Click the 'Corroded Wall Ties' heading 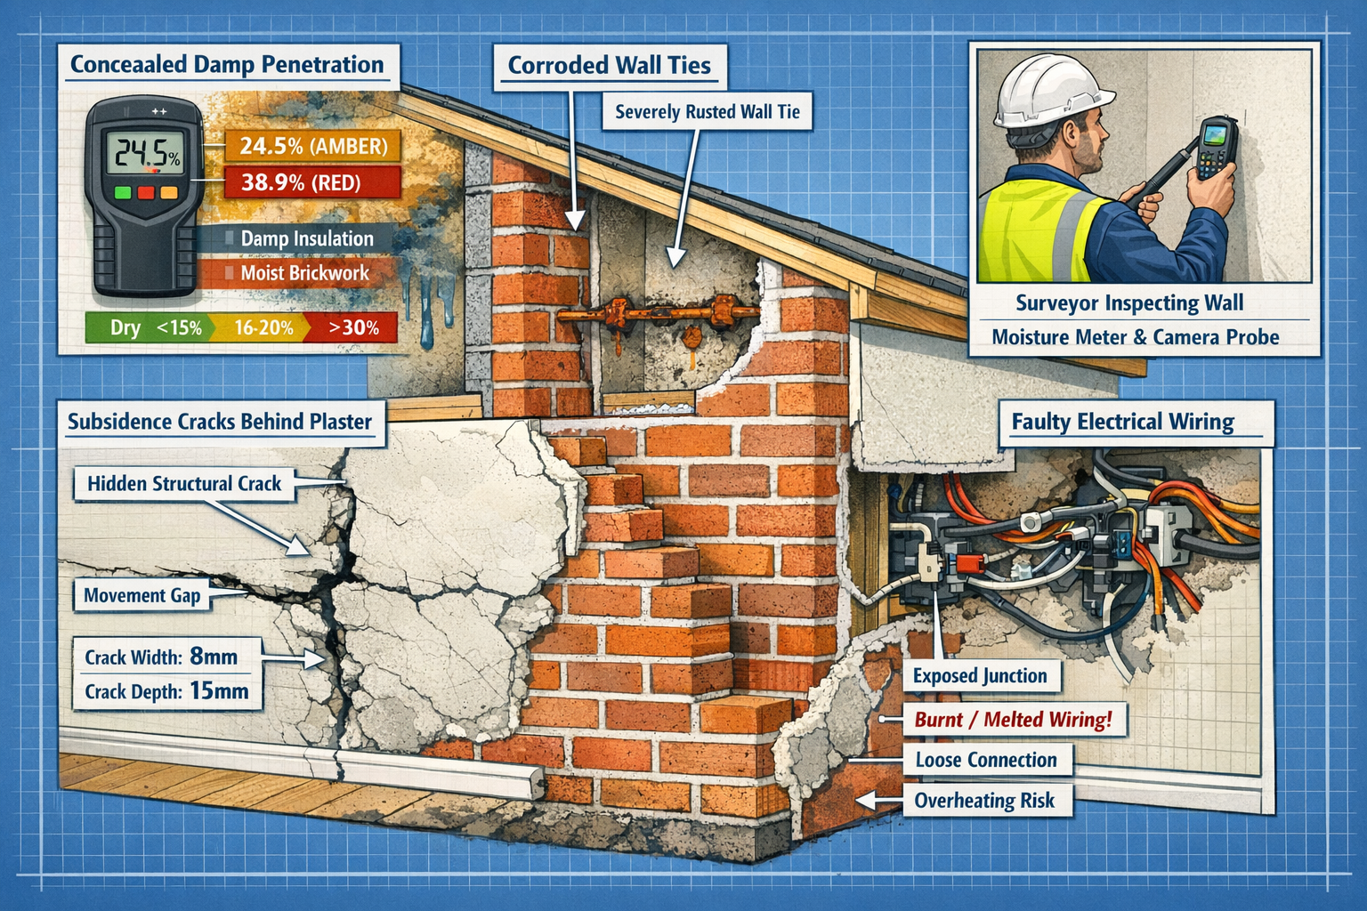coord(610,65)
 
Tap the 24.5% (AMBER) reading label coord(313,146)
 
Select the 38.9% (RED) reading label coord(301,182)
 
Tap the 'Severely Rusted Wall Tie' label coord(708,112)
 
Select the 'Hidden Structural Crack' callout coord(184,483)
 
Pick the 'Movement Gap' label coord(142,595)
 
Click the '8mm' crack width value coord(214,657)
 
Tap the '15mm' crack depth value coord(219,691)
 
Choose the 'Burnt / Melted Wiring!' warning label coord(1013,719)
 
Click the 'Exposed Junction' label coord(980,675)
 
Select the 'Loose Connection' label coord(986,760)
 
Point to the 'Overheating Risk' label coord(984,801)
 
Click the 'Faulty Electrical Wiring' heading coord(1123,422)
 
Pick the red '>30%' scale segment coord(352,327)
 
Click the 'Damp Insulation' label coord(307,238)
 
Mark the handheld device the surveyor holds coord(1213,149)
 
